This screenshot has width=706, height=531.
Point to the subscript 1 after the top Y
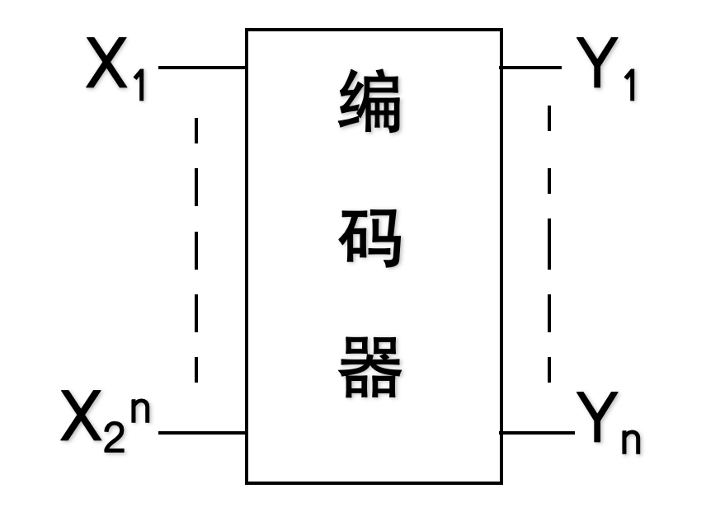(x=630, y=86)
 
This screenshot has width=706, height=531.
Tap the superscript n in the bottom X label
(x=140, y=411)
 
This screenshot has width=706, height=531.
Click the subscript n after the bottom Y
(x=631, y=440)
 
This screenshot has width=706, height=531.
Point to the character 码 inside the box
(x=369, y=237)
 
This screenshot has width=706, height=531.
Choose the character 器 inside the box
(x=369, y=367)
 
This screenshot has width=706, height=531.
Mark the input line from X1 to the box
(x=201, y=67)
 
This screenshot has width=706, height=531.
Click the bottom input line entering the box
(x=201, y=432)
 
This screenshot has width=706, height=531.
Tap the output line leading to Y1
(x=531, y=67)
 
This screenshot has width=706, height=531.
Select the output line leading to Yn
(x=536, y=432)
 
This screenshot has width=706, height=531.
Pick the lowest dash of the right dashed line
(x=549, y=366)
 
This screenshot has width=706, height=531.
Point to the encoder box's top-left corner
(x=247, y=31)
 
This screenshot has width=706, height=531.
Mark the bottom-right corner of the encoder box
(x=501, y=482)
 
